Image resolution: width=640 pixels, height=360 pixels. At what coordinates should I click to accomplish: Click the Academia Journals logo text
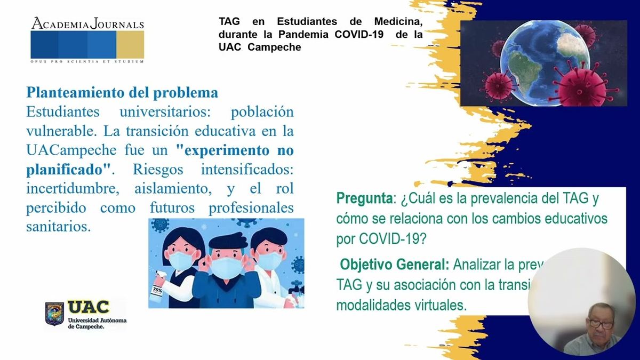pos(87,24)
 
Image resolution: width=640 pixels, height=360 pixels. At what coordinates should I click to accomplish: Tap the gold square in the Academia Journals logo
pos(130,45)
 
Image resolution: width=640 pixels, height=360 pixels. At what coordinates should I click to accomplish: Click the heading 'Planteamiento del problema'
pos(122,93)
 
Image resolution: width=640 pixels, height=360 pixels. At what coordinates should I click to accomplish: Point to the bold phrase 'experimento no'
pos(238,150)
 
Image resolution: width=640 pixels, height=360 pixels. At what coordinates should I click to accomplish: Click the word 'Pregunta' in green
pos(364,199)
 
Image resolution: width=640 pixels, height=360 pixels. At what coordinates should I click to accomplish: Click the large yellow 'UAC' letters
pos(89,308)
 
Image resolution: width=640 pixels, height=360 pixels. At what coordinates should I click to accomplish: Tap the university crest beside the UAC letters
pos(54,313)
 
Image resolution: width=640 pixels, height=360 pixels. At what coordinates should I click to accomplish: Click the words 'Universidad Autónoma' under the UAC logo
pos(97,320)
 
